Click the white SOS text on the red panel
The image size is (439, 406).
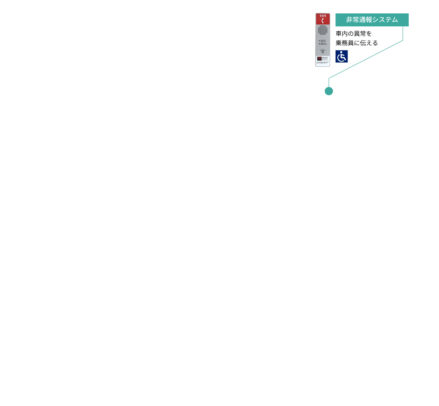point(323,16)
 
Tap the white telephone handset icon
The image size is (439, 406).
point(323,20)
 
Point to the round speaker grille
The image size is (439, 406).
point(323,30)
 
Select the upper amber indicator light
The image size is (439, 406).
point(319,41)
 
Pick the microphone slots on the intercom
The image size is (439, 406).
point(323,52)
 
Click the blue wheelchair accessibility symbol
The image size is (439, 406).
point(341,56)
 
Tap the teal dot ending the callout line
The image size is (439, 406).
point(329,91)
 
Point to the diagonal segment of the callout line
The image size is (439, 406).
point(366,59)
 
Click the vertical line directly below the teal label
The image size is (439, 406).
point(403,33)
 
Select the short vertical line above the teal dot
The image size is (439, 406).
point(329,82)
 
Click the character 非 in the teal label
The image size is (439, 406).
point(350,20)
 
